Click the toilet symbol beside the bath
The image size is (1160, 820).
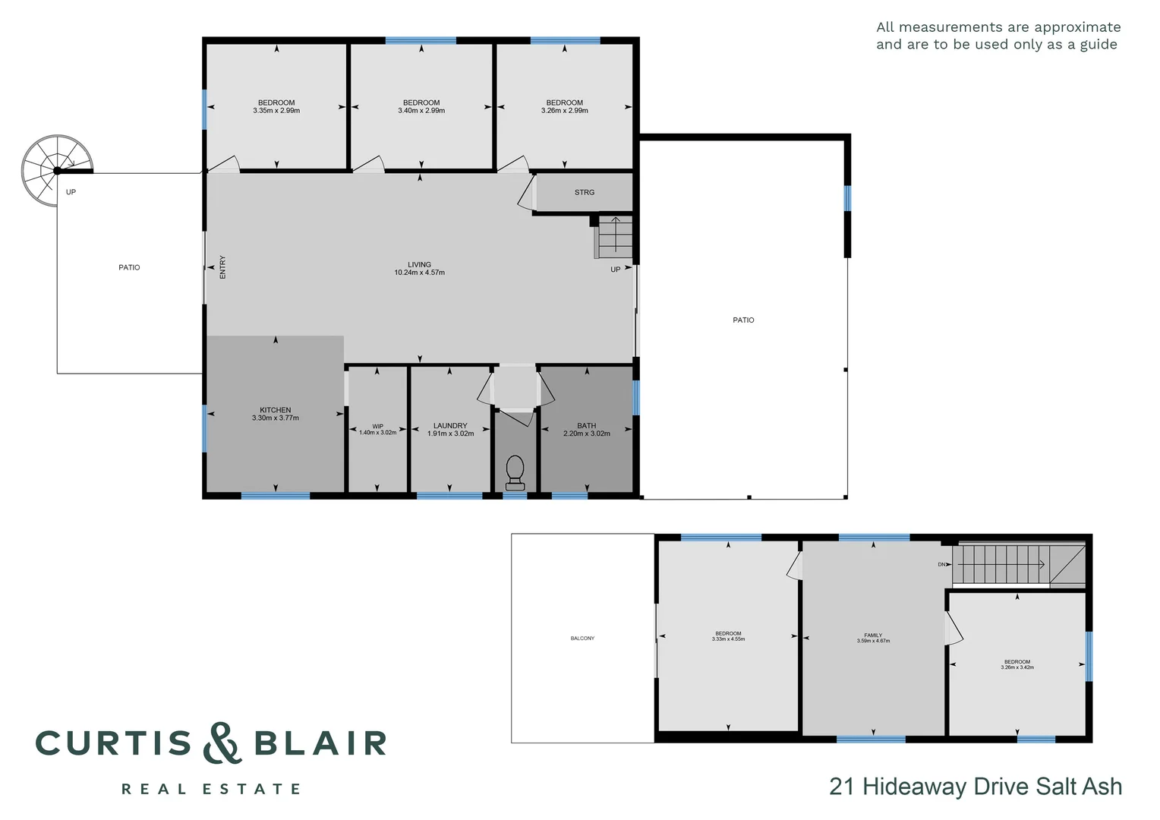tap(515, 470)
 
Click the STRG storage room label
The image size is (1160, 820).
tap(585, 193)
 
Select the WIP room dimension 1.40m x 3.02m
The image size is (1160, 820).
tap(378, 433)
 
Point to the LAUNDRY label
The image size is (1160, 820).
tap(450, 426)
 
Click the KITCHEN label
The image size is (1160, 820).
tap(276, 410)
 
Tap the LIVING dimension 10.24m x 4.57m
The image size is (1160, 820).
tap(420, 273)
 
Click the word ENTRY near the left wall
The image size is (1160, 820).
tap(223, 267)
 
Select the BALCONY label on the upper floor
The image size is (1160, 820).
tap(583, 639)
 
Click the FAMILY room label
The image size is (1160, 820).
tap(873, 635)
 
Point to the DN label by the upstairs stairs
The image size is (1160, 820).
tap(942, 565)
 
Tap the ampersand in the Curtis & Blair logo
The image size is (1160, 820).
tap(222, 743)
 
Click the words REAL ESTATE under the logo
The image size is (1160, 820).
tap(211, 790)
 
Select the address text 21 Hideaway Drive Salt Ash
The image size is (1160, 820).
tap(976, 787)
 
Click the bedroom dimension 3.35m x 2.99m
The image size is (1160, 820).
tap(276, 111)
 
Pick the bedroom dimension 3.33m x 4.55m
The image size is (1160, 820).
tap(728, 639)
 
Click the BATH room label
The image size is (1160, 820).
tap(587, 426)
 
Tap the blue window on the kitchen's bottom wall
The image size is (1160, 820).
tap(276, 496)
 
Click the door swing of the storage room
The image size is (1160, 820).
tap(525, 192)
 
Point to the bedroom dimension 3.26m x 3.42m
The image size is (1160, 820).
tap(1017, 667)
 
